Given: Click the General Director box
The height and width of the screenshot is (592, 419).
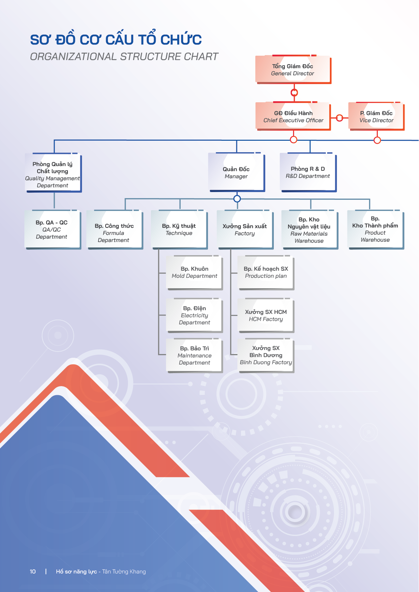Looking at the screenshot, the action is [293, 70].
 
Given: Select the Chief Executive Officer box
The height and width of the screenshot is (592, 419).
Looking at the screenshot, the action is [293, 116].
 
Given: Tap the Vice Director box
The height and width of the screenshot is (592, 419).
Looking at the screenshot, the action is [376, 116].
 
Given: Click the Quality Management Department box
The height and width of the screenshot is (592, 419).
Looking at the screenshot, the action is [53, 173].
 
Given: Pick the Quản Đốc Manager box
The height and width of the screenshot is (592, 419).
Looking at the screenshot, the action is [236, 172].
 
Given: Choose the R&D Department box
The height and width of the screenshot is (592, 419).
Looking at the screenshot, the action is [308, 172].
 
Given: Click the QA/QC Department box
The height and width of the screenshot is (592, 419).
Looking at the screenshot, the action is [53, 230].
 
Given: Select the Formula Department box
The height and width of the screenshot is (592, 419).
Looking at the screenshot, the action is [114, 230].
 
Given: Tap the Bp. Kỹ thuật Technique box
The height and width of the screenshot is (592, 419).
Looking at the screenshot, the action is [179, 230].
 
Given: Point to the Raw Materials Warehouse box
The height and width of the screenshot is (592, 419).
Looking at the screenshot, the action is [310, 230].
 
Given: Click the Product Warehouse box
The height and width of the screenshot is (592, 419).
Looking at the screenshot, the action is [375, 230].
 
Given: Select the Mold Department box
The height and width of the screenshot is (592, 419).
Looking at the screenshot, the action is [194, 273].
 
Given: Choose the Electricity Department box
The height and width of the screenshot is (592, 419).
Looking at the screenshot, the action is [194, 315].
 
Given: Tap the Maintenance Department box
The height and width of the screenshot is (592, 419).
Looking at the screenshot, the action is [194, 355].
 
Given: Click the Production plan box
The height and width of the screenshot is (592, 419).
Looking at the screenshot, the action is [266, 273].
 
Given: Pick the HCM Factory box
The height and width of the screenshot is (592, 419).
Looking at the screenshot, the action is [266, 315].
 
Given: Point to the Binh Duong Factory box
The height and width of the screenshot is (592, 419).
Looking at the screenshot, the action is [266, 355].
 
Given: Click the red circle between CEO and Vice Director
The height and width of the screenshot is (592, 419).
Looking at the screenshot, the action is [340, 118].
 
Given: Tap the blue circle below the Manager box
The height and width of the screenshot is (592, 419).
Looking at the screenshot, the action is [237, 198].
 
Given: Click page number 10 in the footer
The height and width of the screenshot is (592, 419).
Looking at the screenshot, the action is [33, 571].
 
